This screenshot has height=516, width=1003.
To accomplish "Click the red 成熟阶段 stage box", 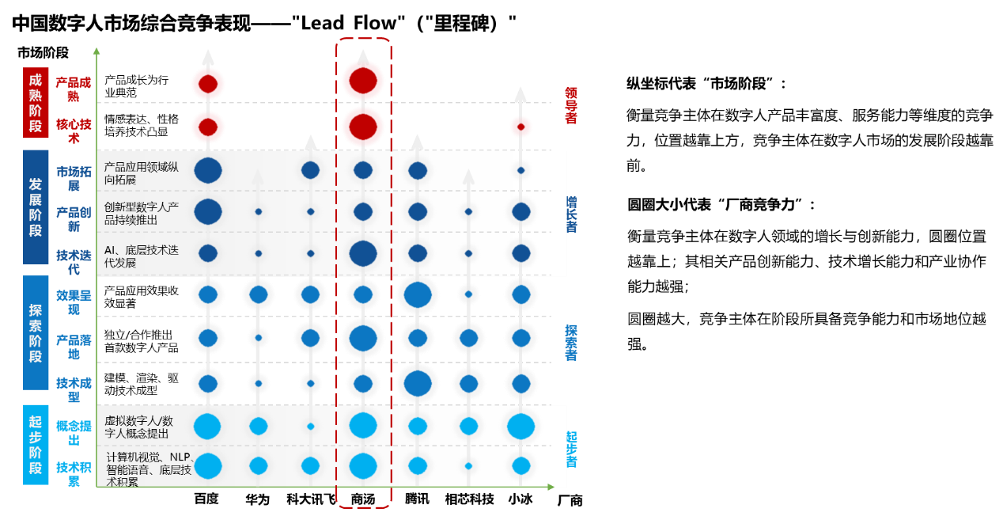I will coord(36,103).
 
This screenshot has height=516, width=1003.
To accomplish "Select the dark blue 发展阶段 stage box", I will coord(36,207).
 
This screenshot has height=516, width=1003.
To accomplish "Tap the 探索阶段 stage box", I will coord(36,332).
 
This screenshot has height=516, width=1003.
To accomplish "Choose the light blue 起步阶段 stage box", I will coord(36,445).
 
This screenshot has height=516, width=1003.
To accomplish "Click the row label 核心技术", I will coord(74,131).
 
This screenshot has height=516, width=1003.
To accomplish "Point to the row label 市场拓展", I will coord(74,178).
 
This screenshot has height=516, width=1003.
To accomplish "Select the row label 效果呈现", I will coord(74,302).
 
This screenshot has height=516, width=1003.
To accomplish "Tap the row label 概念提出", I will coord(74,433).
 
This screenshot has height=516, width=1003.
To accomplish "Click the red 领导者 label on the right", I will coord(571,105).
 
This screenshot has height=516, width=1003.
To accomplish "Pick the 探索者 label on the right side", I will coord(571,342).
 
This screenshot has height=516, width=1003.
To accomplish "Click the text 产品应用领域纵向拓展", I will coord(142,173).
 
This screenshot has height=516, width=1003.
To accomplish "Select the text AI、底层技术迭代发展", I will coord(142,256).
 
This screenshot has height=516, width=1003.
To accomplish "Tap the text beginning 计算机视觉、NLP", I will coord(150,469).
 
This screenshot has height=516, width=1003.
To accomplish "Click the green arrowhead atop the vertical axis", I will coord(97,51).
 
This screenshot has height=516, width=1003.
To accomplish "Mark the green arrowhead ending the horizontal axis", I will coord(551,487).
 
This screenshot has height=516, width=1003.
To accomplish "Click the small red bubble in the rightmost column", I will coord(520,127).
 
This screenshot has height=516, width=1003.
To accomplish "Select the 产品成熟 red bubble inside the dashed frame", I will coord(363,81).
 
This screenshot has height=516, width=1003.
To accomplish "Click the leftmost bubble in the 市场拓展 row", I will coord(208,170).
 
